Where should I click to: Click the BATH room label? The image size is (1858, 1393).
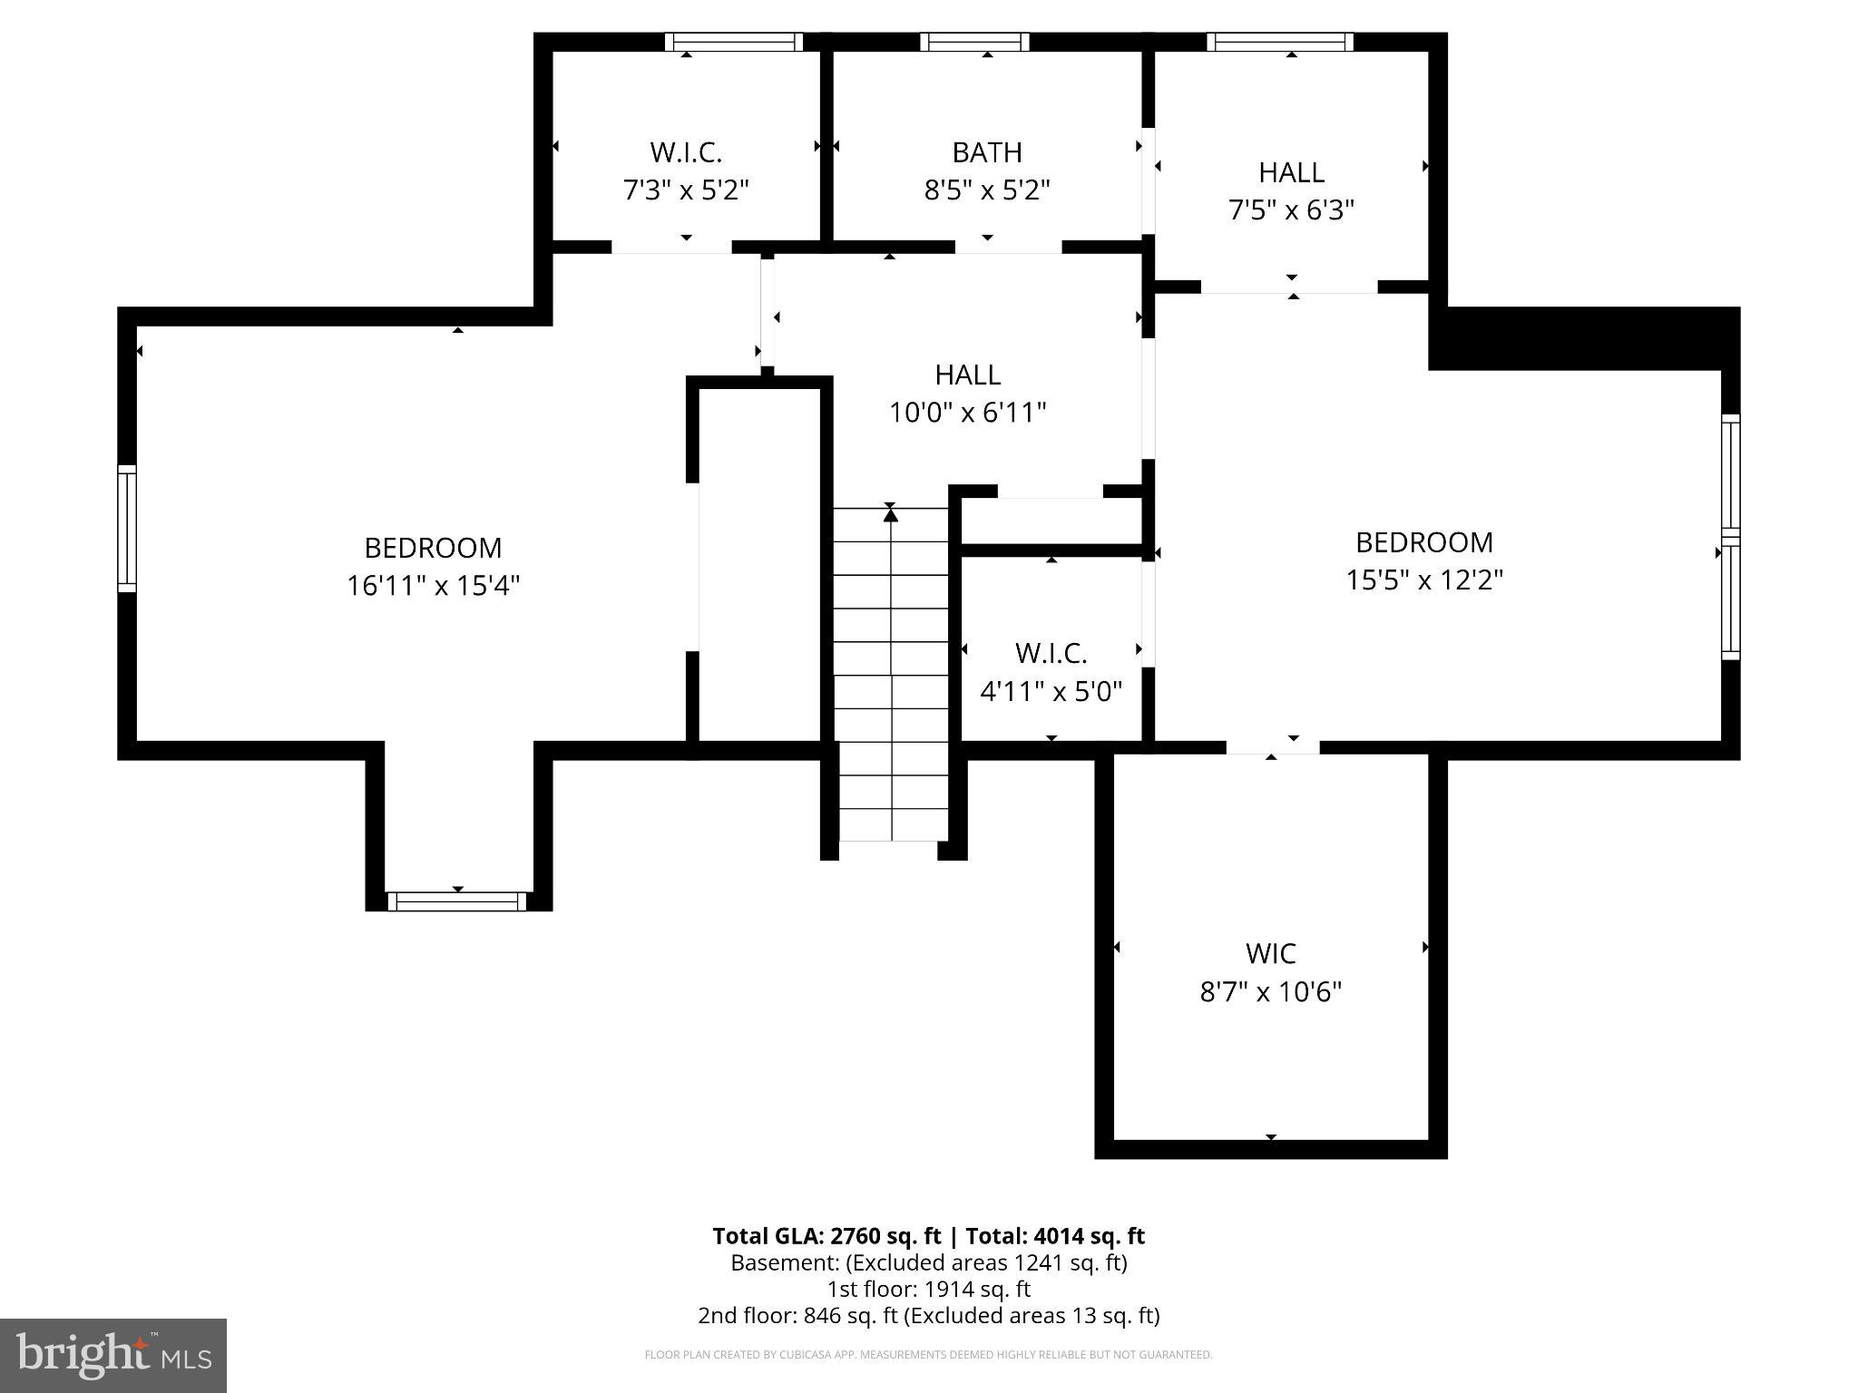[x=987, y=152]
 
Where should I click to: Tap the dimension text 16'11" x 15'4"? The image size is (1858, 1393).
[x=433, y=586]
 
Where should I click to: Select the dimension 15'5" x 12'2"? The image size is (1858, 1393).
[x=1424, y=580]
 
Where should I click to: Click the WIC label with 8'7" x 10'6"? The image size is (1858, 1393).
[x=1270, y=953]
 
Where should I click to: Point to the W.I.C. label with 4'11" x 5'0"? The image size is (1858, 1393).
[x=1051, y=653]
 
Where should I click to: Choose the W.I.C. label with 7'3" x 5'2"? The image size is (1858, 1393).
[x=686, y=152]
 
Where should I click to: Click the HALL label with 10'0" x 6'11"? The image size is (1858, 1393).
[x=967, y=375]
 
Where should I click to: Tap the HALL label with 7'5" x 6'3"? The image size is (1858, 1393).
[x=1291, y=172]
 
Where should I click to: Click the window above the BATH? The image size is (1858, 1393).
[x=974, y=42]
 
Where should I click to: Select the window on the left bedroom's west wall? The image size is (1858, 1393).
[x=127, y=528]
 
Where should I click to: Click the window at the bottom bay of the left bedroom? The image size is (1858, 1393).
[x=456, y=901]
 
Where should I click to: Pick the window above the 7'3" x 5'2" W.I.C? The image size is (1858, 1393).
[x=734, y=42]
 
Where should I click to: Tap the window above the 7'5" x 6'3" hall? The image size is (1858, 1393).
[x=1279, y=42]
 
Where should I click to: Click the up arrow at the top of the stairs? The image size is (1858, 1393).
[x=891, y=514]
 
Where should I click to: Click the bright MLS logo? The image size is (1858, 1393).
[x=112, y=1356]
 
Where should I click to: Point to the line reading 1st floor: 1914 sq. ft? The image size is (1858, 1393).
[x=928, y=1289]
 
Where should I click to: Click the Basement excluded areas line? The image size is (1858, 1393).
[x=928, y=1262]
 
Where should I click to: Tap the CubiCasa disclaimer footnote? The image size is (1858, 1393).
[x=928, y=1355]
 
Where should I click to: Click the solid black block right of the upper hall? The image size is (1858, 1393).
[x=1583, y=338]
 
